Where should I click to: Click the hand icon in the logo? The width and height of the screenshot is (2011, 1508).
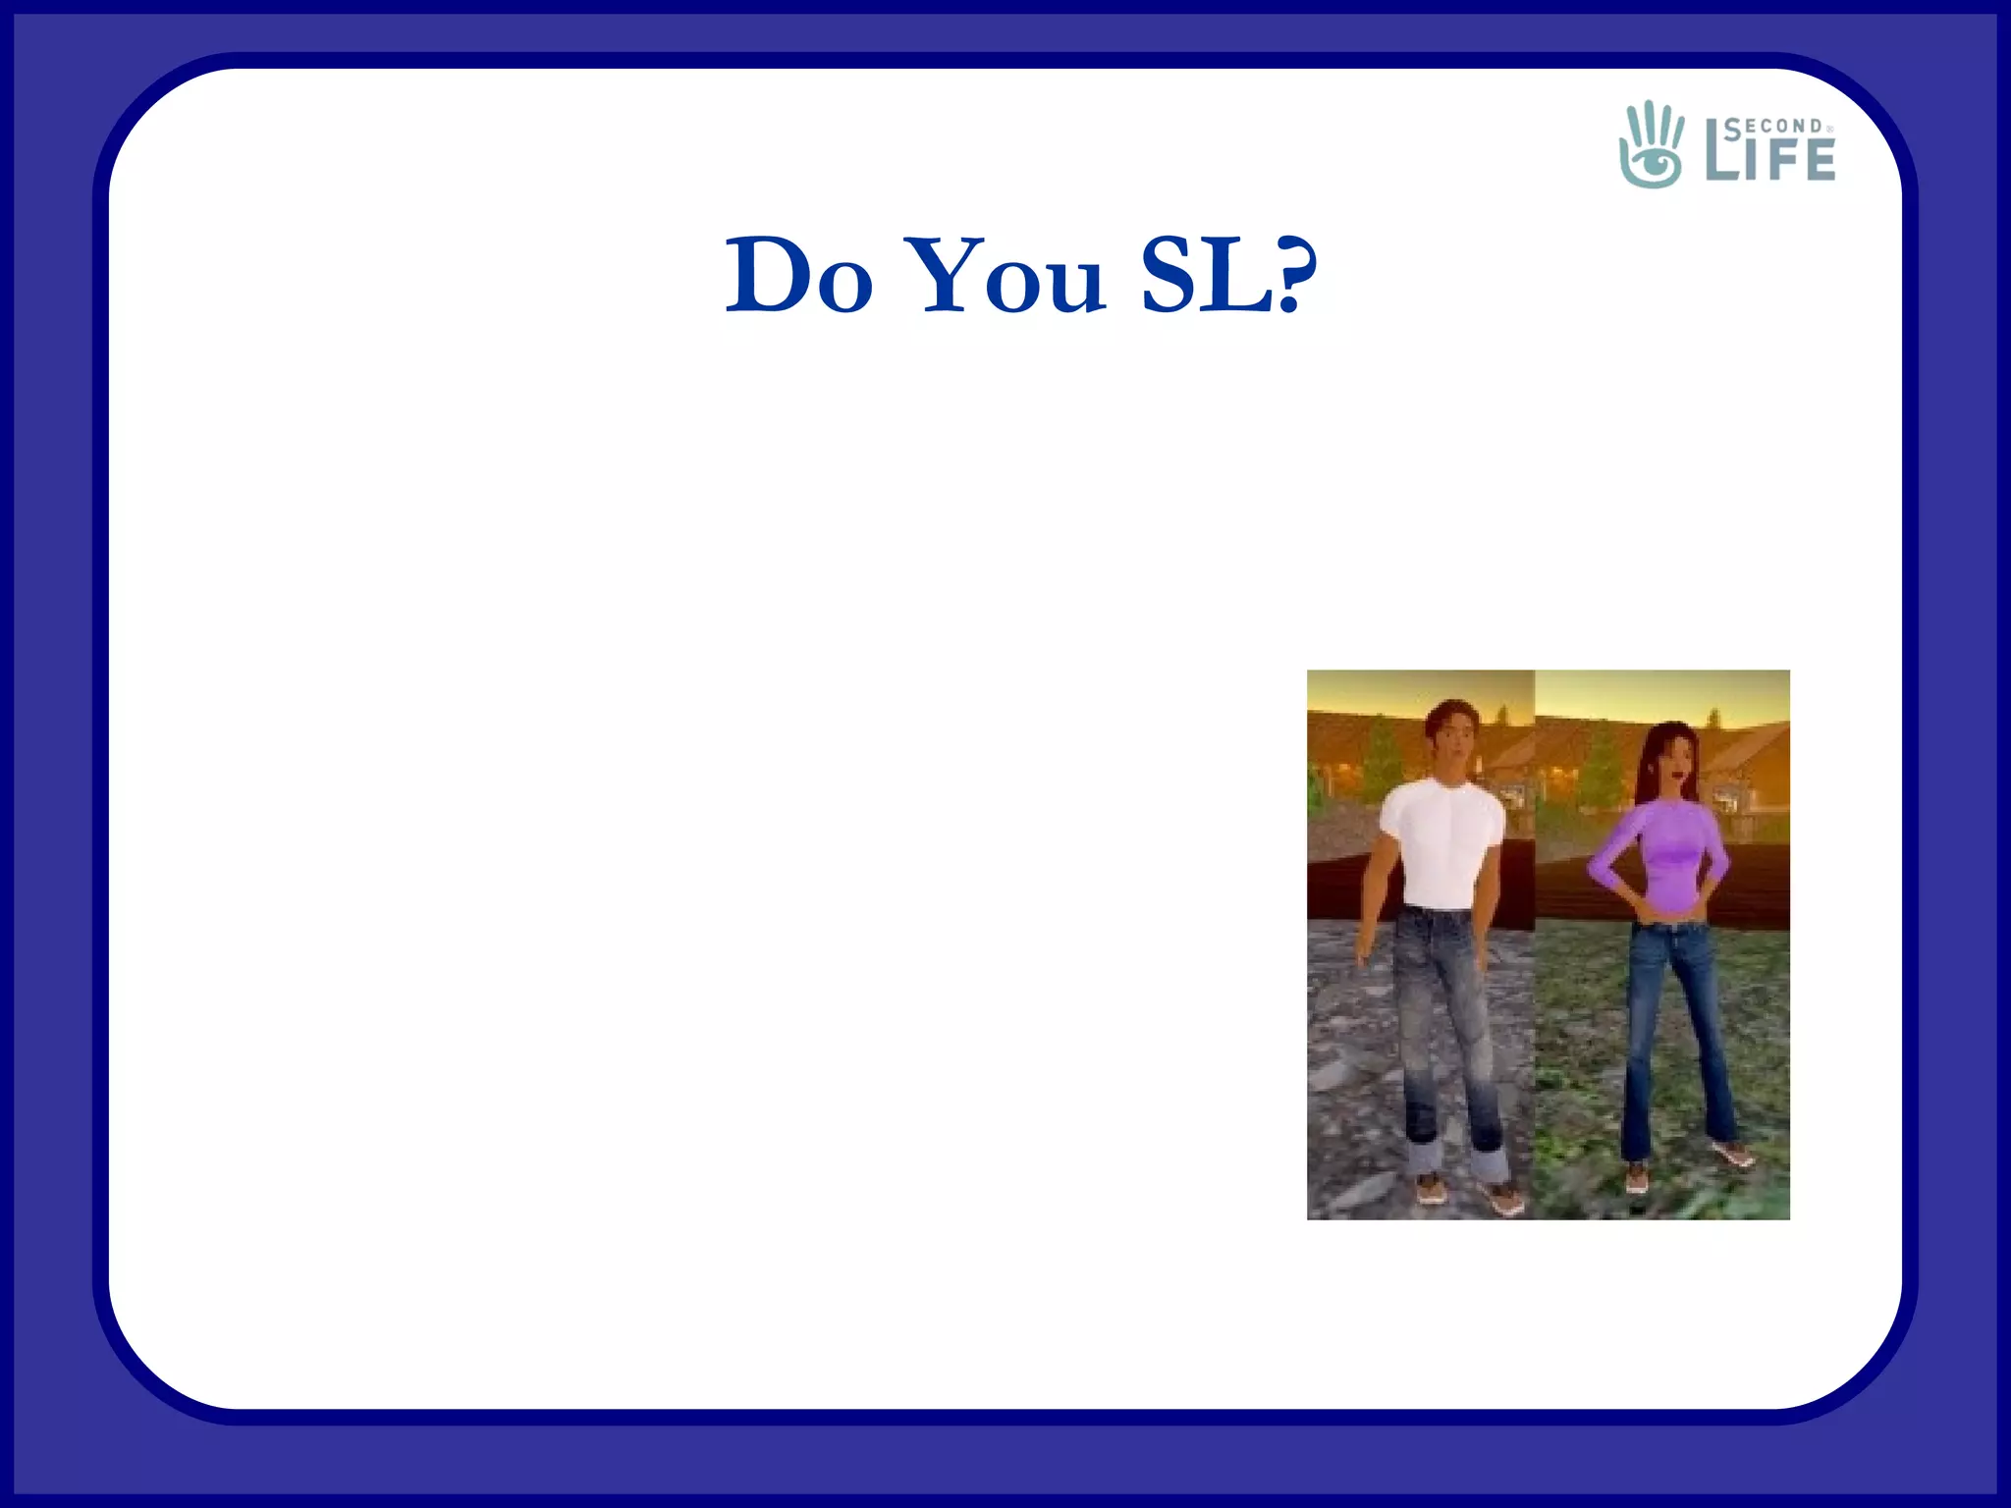pyautogui.click(x=1651, y=144)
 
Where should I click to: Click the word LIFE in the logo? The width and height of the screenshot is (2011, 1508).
pyautogui.click(x=1770, y=159)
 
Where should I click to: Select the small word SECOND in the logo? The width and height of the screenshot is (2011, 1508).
pyautogui.click(x=1773, y=126)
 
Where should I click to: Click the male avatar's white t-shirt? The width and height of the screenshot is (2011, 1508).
pyautogui.click(x=1441, y=839)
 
